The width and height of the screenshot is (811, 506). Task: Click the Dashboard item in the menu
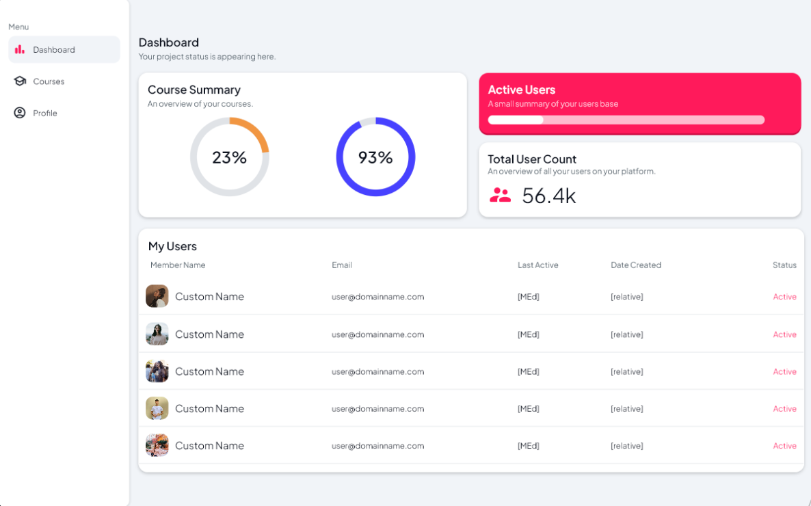pyautogui.click(x=54, y=50)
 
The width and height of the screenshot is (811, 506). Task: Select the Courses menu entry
pyautogui.click(x=49, y=81)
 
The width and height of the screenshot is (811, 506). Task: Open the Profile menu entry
pyautogui.click(x=45, y=114)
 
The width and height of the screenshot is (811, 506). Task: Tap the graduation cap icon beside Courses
pyautogui.click(x=20, y=81)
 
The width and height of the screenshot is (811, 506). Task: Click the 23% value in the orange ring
pyautogui.click(x=229, y=158)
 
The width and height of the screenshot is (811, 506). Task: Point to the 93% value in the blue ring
pyautogui.click(x=375, y=158)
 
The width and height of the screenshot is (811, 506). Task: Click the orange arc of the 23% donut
pyautogui.click(x=256, y=131)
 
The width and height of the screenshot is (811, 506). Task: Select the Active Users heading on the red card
pyautogui.click(x=522, y=90)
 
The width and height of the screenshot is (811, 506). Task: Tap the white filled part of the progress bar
pyautogui.click(x=516, y=120)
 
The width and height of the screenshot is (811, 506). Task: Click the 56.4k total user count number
pyautogui.click(x=549, y=196)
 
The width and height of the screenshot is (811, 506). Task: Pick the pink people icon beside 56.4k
pyautogui.click(x=500, y=196)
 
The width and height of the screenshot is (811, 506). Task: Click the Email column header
pyautogui.click(x=342, y=265)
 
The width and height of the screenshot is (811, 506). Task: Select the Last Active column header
pyautogui.click(x=538, y=265)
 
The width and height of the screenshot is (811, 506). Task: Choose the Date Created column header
pyautogui.click(x=636, y=265)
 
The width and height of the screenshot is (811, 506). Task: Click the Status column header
pyautogui.click(x=784, y=265)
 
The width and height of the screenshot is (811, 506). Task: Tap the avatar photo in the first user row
pyautogui.click(x=157, y=296)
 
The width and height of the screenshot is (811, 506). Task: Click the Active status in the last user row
pyautogui.click(x=784, y=446)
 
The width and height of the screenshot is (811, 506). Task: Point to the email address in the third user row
pyautogui.click(x=377, y=372)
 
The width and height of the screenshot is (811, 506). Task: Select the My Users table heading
pyautogui.click(x=172, y=246)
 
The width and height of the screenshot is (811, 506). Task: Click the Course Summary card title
pyautogui.click(x=194, y=90)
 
